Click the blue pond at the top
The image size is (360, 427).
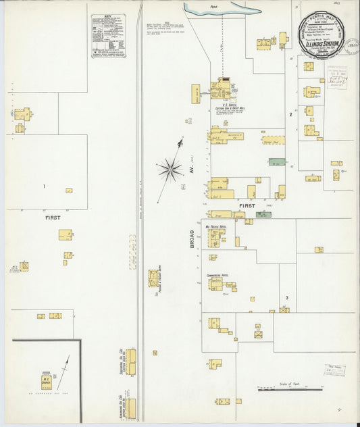(x=223, y=9)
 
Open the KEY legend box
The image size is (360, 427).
(x=108, y=36)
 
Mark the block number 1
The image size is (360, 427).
(x=45, y=186)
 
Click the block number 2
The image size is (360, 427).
(x=290, y=114)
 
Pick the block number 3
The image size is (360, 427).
(x=286, y=297)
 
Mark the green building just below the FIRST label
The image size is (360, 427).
(x=263, y=215)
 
